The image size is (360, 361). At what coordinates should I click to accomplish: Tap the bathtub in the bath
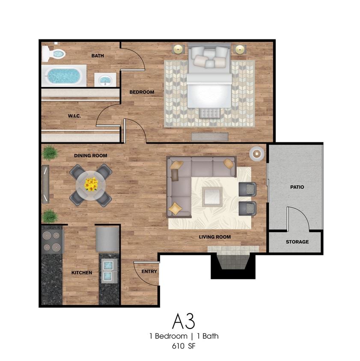64,76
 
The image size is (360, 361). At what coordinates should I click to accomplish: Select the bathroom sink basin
105,80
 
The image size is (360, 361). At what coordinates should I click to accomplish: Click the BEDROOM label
142,92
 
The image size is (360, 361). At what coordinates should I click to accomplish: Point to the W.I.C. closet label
74,116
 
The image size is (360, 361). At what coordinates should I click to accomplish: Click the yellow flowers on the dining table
91,184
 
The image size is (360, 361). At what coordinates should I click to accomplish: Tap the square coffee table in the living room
212,197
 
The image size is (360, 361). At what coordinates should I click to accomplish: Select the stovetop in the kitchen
52,241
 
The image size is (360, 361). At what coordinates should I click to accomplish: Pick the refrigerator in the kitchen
107,240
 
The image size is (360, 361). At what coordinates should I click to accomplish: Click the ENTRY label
149,272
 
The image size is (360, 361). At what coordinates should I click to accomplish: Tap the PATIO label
297,187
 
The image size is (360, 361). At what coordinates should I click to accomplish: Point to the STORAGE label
298,242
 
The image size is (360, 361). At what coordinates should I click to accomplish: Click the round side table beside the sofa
257,154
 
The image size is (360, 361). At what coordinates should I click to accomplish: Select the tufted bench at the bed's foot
210,113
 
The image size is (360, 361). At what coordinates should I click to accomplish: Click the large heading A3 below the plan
184,321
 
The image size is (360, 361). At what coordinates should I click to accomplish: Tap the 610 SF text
184,346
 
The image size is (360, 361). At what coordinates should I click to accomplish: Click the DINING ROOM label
91,156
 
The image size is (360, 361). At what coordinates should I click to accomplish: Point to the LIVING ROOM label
215,237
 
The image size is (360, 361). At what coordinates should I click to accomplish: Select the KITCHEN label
82,272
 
